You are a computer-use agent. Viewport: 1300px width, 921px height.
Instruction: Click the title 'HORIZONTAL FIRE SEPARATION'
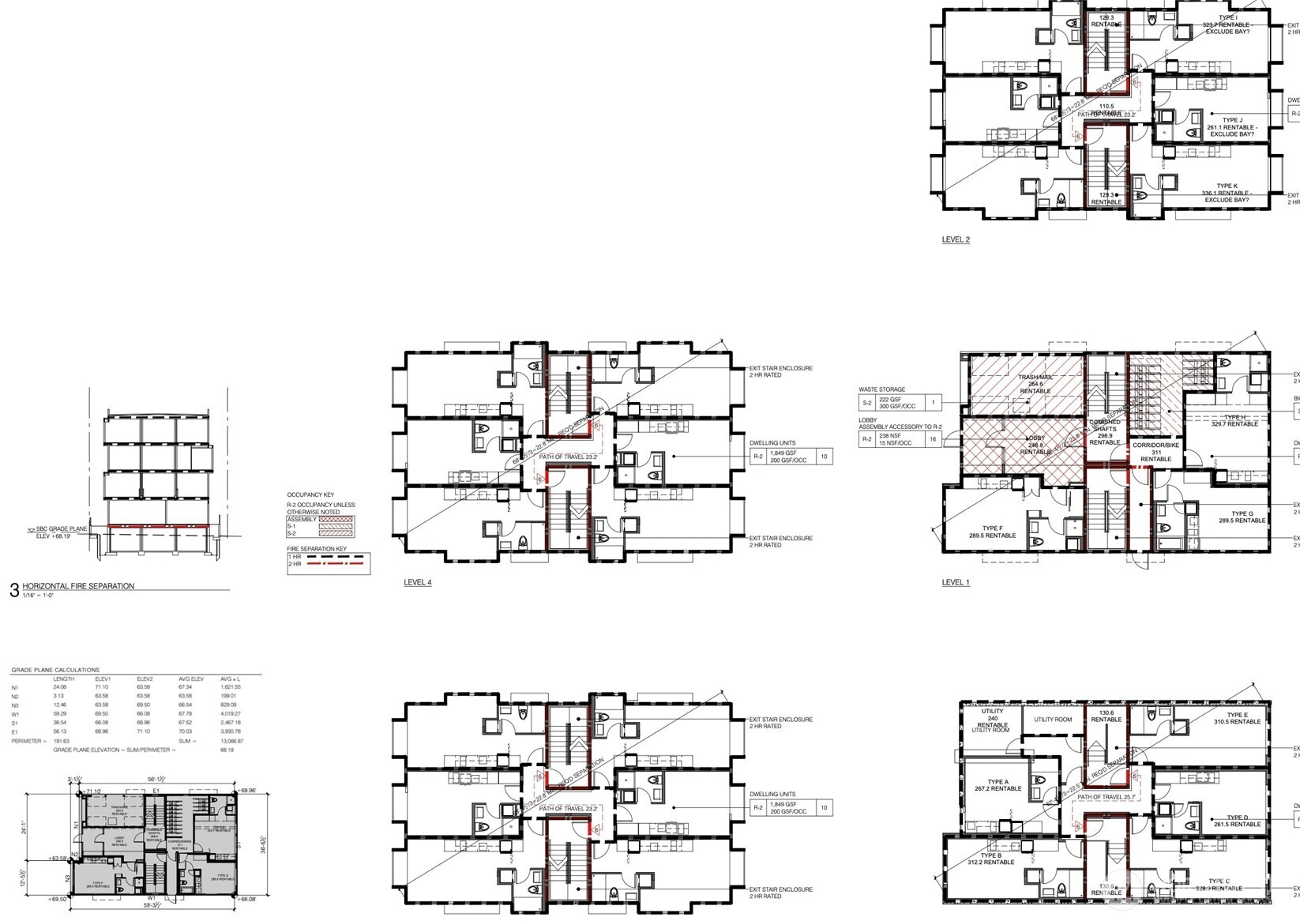[78, 586]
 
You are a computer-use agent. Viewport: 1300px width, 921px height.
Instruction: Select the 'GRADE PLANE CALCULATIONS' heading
[55, 670]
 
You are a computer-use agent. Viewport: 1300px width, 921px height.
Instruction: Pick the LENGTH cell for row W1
[61, 713]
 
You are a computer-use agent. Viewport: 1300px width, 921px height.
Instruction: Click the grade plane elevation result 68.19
[227, 750]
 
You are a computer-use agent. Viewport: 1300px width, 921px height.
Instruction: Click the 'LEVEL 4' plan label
[418, 583]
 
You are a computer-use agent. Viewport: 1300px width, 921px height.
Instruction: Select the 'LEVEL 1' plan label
[956, 583]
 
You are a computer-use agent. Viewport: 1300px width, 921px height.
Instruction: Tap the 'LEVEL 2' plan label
[956, 239]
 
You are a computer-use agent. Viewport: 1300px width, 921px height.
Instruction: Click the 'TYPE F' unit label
[993, 528]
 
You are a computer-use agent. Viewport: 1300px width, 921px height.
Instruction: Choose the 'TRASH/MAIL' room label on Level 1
[1035, 378]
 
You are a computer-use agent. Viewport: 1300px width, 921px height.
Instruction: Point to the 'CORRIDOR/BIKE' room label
[1155, 445]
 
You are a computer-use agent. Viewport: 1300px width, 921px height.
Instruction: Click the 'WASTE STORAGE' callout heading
[882, 389]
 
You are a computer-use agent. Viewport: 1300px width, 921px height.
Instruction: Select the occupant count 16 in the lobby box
[934, 439]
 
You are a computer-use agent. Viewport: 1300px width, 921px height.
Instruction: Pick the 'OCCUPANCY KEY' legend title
[310, 495]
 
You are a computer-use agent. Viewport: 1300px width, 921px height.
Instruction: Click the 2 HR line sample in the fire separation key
[338, 564]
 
